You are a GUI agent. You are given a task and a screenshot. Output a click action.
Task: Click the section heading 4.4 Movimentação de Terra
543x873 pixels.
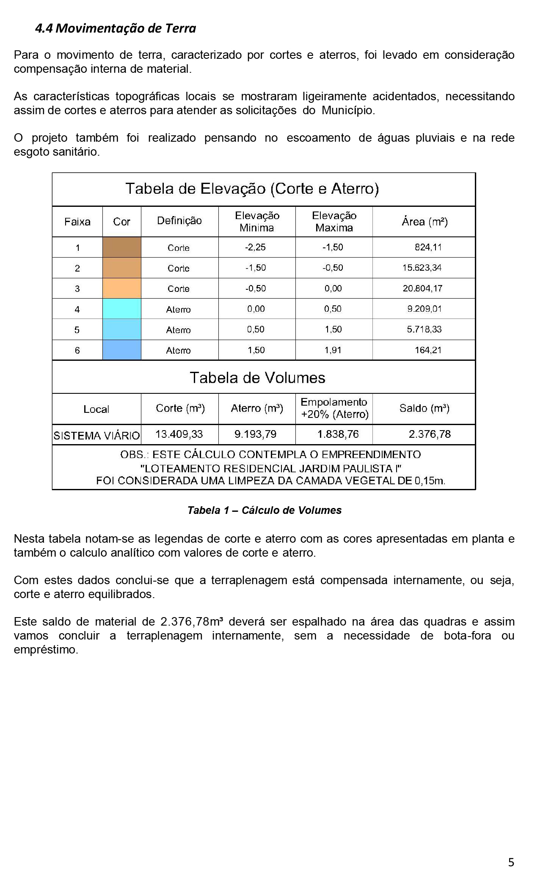(116, 28)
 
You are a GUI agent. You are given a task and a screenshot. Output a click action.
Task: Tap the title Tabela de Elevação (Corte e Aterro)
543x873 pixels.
(252, 189)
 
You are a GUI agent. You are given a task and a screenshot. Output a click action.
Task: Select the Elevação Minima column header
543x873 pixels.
(257, 222)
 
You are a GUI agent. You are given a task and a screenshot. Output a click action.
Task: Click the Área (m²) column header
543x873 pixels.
(424, 222)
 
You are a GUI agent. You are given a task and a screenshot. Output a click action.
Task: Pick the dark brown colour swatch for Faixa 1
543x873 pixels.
(122, 247)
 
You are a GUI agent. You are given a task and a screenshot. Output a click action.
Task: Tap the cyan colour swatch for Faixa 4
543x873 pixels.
(122, 309)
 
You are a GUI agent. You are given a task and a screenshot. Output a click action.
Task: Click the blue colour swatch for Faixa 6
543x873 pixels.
(122, 350)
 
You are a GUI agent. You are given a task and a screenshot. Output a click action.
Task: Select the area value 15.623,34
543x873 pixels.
(422, 268)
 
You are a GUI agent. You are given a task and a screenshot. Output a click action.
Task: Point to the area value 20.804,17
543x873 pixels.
(422, 288)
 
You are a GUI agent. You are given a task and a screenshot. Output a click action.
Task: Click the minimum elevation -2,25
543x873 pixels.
(255, 247)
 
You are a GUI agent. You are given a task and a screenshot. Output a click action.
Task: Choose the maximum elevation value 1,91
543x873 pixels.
(333, 350)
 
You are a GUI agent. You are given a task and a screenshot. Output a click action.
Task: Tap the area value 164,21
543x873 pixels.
(428, 350)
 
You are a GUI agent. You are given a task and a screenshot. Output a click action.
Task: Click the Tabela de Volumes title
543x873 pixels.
(257, 378)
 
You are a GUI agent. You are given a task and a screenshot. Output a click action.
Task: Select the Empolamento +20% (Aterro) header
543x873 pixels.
(334, 408)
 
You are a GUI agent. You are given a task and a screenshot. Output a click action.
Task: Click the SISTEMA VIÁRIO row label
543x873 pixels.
(96, 436)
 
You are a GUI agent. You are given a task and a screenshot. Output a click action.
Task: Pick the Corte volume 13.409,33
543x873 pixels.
(179, 434)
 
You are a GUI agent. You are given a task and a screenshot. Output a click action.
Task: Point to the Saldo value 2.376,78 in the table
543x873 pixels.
(430, 434)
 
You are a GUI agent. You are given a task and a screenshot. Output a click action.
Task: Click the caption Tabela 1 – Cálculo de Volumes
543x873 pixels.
(265, 511)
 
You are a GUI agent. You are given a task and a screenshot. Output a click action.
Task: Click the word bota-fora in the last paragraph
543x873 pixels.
(467, 636)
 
